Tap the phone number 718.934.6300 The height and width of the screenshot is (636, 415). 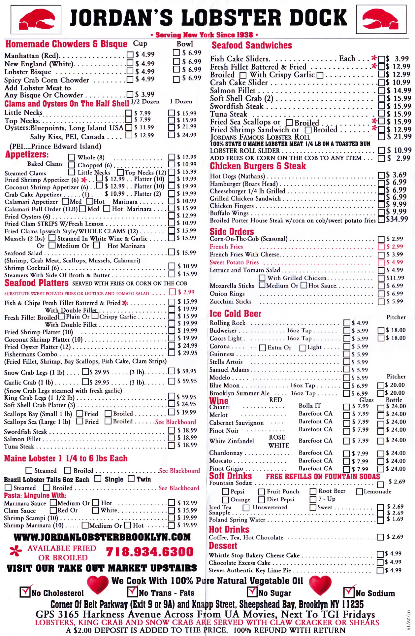click(x=150, y=552)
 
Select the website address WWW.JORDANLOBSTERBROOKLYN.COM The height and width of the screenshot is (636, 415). click(x=102, y=537)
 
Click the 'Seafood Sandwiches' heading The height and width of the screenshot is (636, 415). click(x=252, y=46)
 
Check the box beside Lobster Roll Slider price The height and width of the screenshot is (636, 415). click(x=381, y=151)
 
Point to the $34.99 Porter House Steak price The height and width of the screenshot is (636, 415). click(x=397, y=219)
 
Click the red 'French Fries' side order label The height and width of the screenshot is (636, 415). click(x=226, y=247)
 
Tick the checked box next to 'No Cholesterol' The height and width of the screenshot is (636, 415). click(x=25, y=592)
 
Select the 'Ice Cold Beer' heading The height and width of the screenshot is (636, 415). click(x=235, y=314)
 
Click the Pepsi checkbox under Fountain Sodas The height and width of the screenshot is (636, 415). click(x=226, y=492)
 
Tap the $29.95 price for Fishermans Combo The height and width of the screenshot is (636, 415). click(x=187, y=353)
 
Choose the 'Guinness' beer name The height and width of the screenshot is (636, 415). click(x=222, y=354)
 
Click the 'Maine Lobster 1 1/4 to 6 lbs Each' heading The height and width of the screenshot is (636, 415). click(x=66, y=458)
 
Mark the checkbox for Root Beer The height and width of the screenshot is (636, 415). click(x=313, y=491)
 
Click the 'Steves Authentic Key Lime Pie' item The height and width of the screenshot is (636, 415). click(x=250, y=570)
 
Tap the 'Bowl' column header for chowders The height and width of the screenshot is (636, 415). click(x=185, y=44)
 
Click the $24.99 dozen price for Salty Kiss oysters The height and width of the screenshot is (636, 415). click(x=187, y=135)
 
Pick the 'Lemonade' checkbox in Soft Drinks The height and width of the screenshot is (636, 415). click(x=360, y=492)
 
